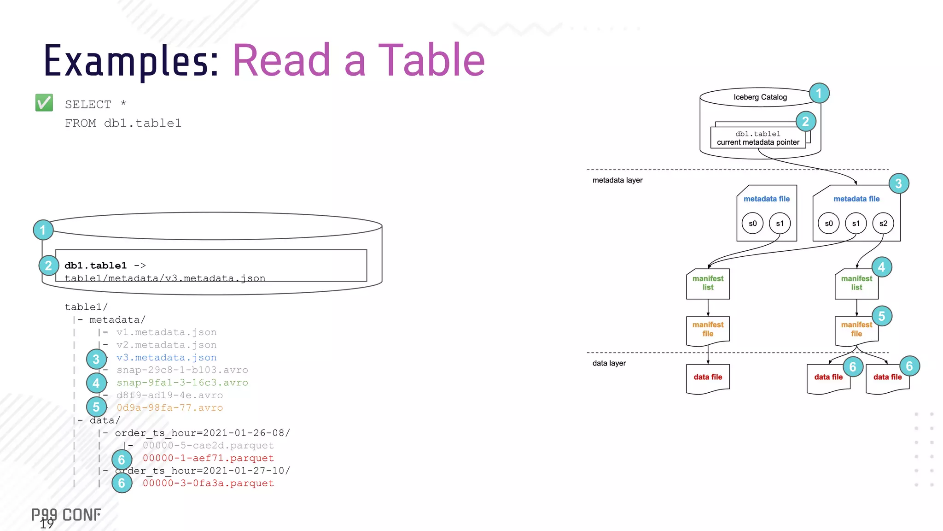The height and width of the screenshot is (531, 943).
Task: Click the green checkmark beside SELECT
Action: [44, 102]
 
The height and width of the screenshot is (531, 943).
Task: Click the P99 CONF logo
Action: [66, 515]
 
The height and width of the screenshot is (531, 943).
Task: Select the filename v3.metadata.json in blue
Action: [166, 358]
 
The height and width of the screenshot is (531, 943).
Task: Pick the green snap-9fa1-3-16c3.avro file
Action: [182, 383]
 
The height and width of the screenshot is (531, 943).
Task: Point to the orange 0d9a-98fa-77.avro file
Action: [169, 408]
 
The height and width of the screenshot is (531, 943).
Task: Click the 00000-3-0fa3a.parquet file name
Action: [208, 484]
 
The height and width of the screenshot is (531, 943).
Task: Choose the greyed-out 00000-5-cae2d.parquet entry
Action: [208, 446]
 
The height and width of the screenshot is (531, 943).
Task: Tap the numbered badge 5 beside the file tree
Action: [96, 407]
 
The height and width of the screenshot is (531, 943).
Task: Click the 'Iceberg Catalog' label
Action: [760, 97]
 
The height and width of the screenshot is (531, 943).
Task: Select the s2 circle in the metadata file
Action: [883, 224]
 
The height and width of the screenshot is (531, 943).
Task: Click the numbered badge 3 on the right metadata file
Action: [898, 183]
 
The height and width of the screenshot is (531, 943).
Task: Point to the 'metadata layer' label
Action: [617, 180]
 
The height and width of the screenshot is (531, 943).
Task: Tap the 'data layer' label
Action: [609, 363]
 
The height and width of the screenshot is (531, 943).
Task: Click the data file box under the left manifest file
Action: [708, 378]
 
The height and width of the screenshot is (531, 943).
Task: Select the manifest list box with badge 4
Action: [856, 283]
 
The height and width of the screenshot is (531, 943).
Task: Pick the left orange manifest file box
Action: [708, 330]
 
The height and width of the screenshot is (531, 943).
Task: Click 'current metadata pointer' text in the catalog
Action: [758, 142]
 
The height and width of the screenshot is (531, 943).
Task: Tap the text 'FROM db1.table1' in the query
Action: [123, 124]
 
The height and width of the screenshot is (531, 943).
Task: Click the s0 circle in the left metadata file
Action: [752, 224]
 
